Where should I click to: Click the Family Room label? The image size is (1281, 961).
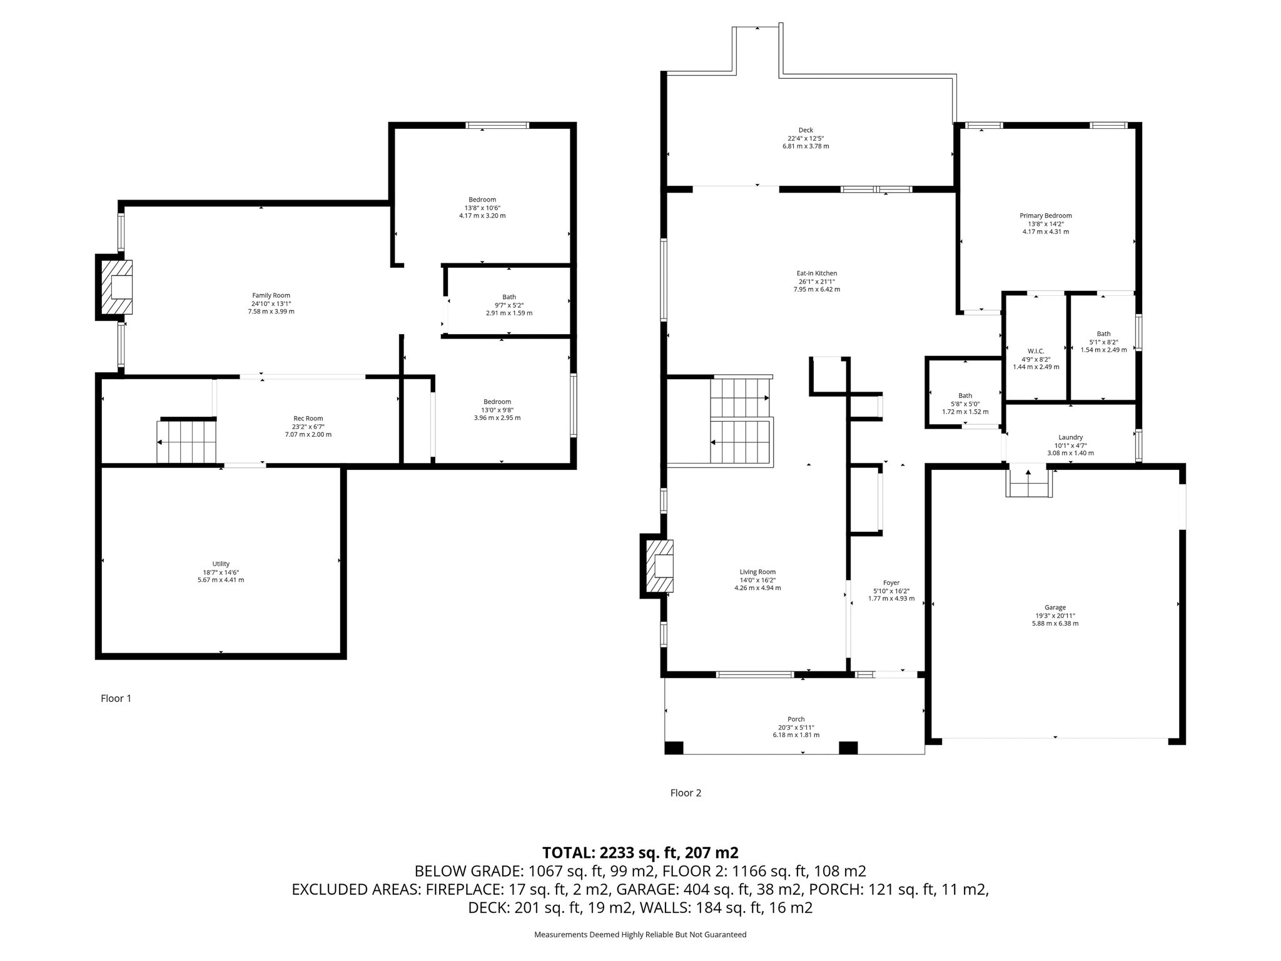tap(271, 295)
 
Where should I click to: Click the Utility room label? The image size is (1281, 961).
tap(221, 564)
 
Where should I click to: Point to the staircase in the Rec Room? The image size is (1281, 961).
tap(186, 442)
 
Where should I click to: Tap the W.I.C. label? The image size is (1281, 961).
tap(1036, 351)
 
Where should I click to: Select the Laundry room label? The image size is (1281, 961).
tap(1070, 437)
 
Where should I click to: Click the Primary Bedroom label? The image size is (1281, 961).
tap(1045, 216)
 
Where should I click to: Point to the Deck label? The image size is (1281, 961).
tap(806, 130)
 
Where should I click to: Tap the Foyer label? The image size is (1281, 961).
tap(891, 582)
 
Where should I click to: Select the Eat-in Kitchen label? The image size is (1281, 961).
tap(816, 273)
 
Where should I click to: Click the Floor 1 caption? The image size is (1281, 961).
tap(116, 698)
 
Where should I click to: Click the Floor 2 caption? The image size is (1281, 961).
tap(686, 793)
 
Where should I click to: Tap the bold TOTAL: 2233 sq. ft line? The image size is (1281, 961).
tap(640, 853)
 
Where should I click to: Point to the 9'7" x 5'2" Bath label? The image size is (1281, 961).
tap(509, 297)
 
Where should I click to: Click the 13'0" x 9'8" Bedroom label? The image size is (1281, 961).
tap(497, 402)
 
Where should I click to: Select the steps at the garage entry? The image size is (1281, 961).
tap(1028, 484)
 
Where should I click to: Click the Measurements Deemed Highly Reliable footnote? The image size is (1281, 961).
tap(640, 935)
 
